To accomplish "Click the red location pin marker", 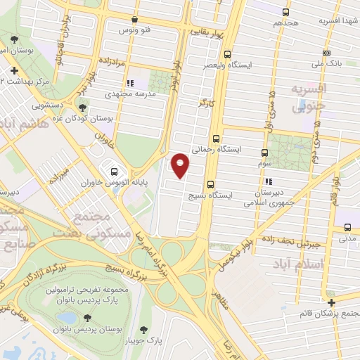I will point(181,165).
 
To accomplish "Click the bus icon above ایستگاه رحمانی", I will point(215,139).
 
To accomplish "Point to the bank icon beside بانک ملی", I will point(326,53).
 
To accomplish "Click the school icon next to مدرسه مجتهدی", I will point(130,83).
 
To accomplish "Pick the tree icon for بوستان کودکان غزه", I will point(84,108).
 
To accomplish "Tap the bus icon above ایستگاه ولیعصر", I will point(226,54).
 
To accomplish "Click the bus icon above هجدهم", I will point(285,12).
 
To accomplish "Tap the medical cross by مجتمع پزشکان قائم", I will point(331,302).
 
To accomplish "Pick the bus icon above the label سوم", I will point(265,153).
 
